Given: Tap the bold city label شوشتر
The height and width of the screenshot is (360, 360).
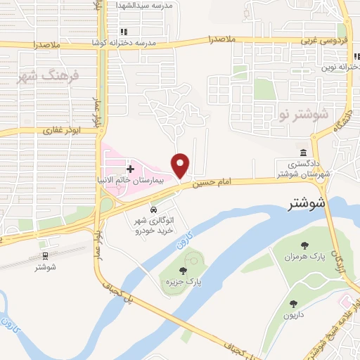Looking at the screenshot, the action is tap(308, 205).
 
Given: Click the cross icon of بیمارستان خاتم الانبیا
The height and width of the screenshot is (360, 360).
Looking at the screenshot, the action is tap(130, 169).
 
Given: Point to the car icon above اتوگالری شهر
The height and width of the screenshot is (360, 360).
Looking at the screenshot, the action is tap(153, 210).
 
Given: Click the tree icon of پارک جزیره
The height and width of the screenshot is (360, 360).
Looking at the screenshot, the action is tap(183, 271).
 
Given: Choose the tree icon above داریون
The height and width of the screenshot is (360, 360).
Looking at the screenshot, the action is tap(293, 304).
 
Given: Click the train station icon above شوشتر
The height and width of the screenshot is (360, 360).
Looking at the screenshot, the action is tap(45, 255).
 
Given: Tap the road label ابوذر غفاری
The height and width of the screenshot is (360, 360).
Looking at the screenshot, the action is tap(62, 130).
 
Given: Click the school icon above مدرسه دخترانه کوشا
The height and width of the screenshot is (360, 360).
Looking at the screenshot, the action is tap(124, 32).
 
